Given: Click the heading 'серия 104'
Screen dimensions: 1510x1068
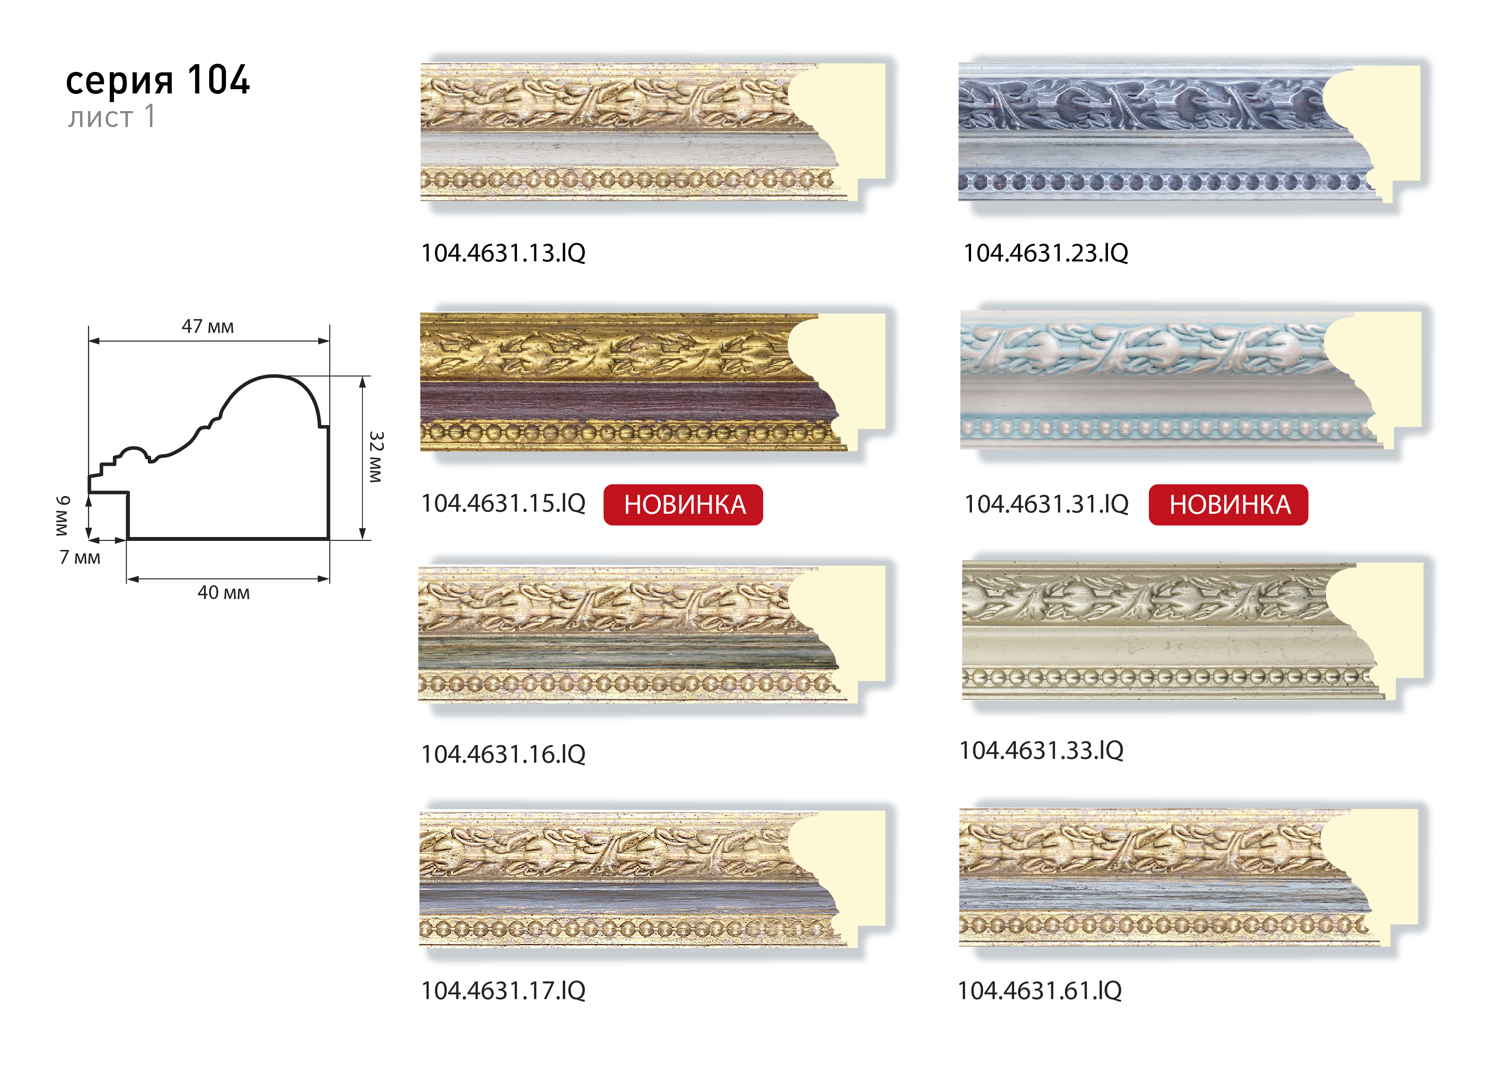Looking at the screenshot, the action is pyautogui.click(x=158, y=80).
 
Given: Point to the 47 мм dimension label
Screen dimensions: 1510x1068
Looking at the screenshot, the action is pyautogui.click(x=208, y=326).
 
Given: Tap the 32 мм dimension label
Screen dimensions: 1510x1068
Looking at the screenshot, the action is pyautogui.click(x=375, y=457).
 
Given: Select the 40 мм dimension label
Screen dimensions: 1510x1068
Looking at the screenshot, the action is pyautogui.click(x=223, y=592).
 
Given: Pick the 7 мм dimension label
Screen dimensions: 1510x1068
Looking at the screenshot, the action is pyautogui.click(x=80, y=557).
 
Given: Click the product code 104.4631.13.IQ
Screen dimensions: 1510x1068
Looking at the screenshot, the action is pyautogui.click(x=503, y=253).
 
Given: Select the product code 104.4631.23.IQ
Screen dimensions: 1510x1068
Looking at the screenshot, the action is pyautogui.click(x=1046, y=253).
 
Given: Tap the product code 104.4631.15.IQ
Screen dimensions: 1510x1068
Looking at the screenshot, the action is pyautogui.click(x=503, y=503).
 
